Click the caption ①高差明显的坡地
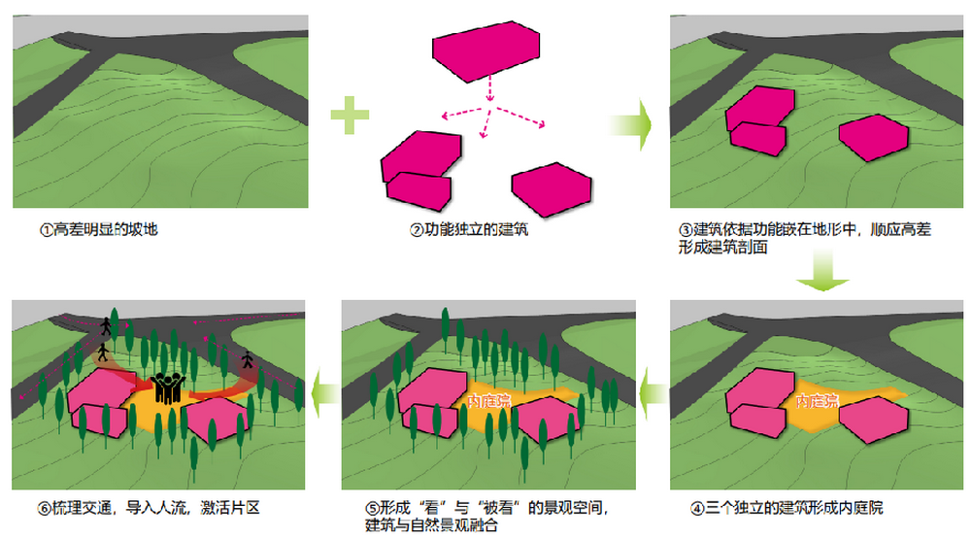click(x=97, y=231)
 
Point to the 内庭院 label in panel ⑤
click(x=488, y=400)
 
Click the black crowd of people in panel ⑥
click(x=167, y=386)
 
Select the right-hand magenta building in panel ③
click(x=874, y=138)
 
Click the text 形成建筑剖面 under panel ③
click(x=723, y=249)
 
